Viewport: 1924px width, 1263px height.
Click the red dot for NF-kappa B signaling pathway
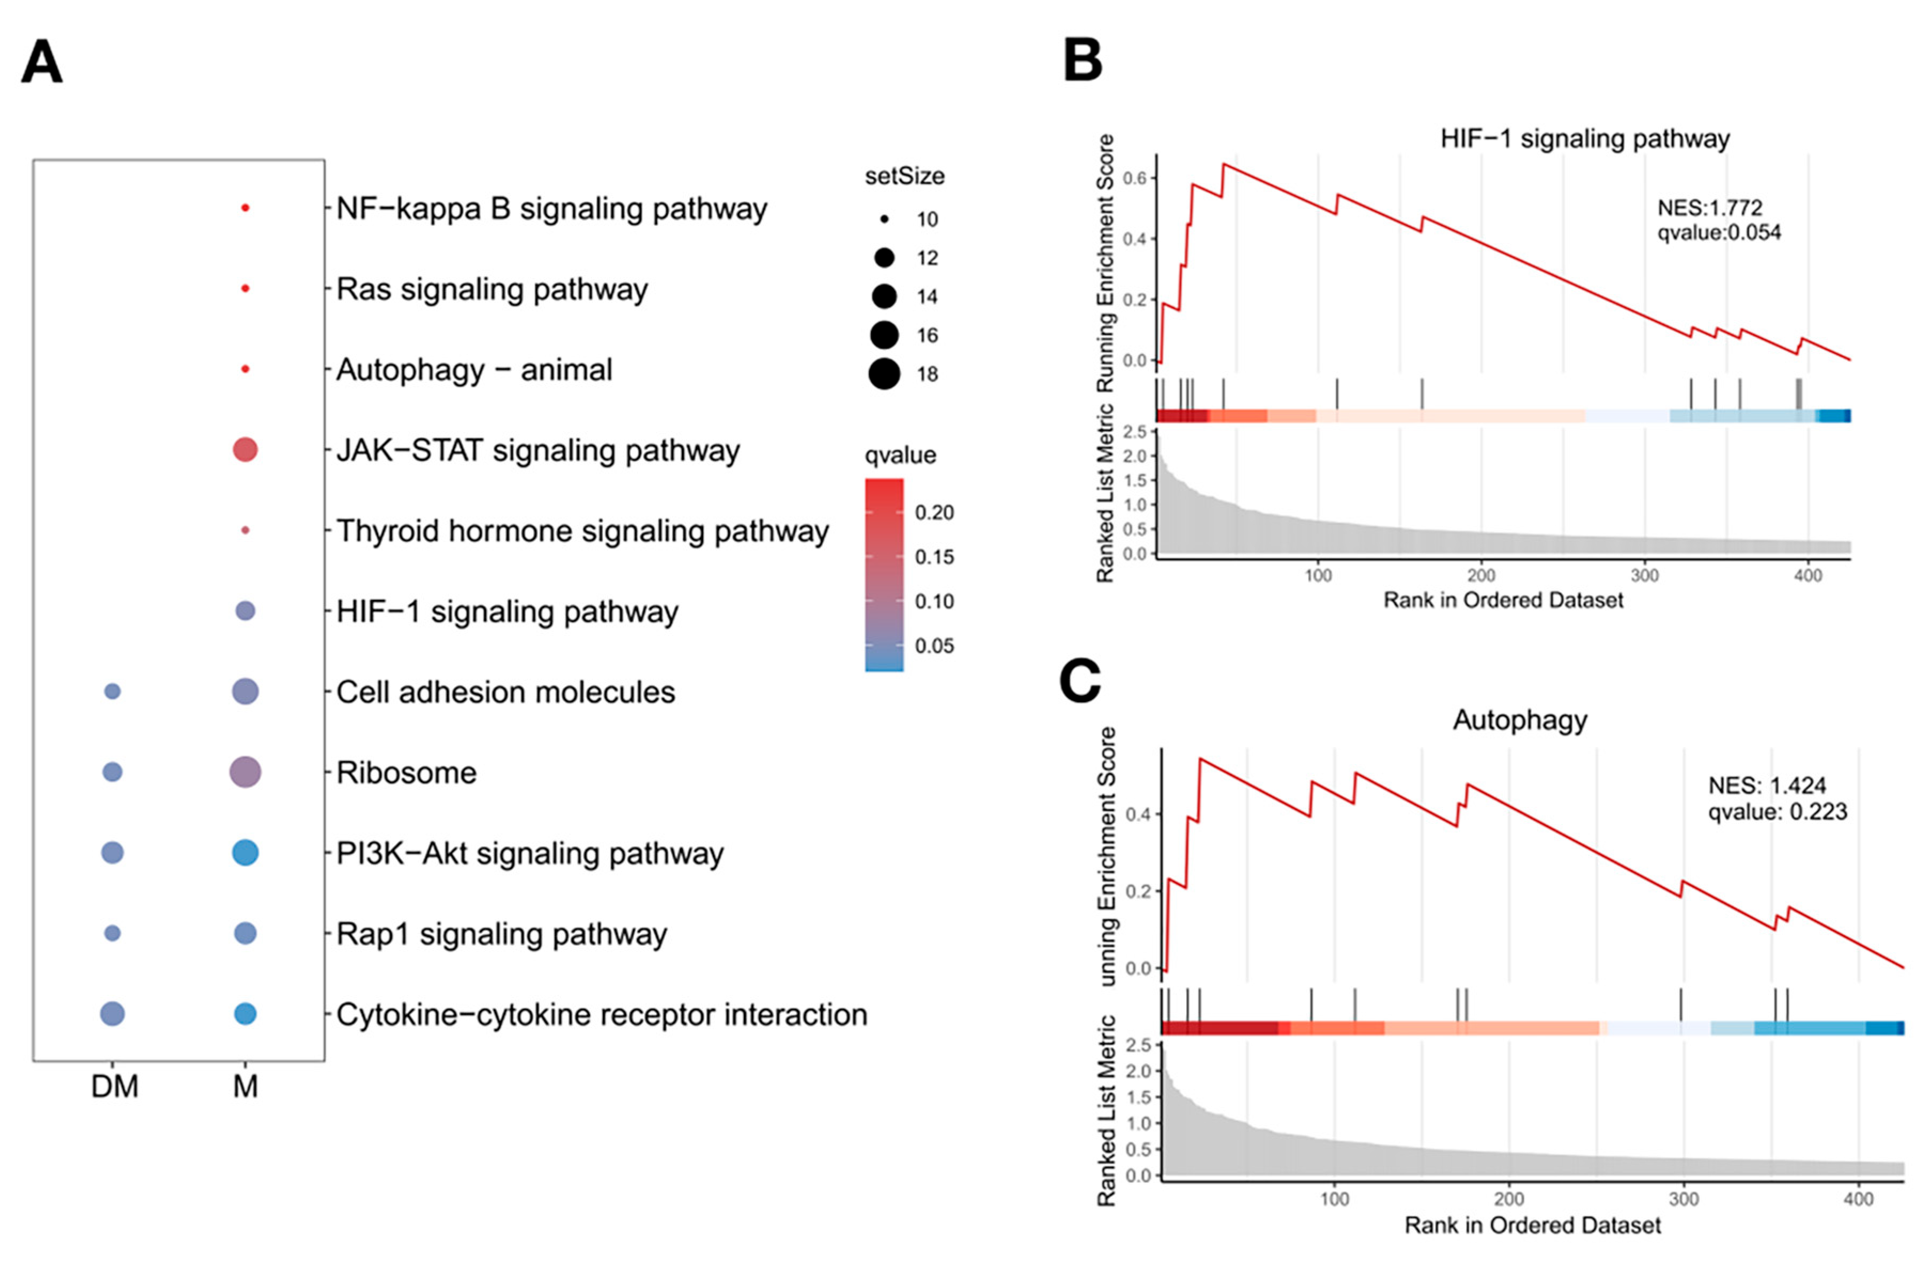point(245,208)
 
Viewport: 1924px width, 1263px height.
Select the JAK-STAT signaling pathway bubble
point(245,449)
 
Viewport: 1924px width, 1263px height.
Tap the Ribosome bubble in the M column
point(245,772)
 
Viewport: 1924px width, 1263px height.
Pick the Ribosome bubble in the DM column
point(112,772)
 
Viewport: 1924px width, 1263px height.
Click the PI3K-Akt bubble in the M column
point(245,852)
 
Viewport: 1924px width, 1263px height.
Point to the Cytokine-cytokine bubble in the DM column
point(112,1013)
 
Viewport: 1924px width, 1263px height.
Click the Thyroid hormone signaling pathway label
point(582,531)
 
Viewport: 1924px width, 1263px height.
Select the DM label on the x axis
point(114,1086)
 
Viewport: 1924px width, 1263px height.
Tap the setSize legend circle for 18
point(884,374)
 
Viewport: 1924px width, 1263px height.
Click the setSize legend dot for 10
point(884,219)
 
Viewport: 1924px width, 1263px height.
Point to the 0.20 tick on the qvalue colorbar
point(934,512)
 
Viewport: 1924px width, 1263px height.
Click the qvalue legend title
point(900,455)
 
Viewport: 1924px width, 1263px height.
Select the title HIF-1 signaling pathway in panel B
point(1585,138)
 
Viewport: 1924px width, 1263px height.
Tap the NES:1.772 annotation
point(1709,208)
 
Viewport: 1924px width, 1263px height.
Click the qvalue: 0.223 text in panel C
point(1777,811)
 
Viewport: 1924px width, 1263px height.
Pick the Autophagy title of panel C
point(1520,719)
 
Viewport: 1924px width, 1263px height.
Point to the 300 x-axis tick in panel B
point(1644,575)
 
